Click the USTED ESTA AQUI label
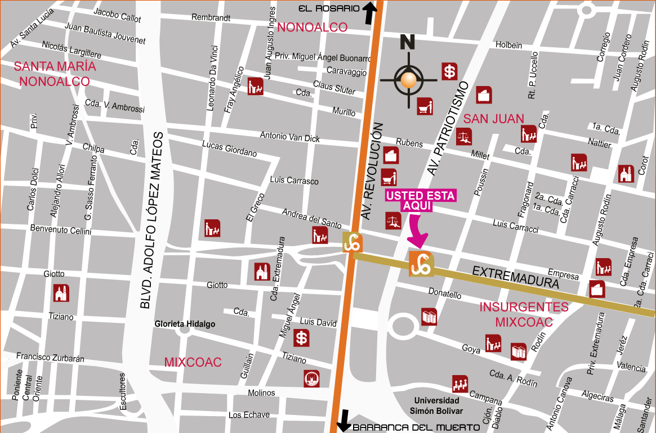pos(421,201)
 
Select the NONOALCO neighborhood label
pos(312,27)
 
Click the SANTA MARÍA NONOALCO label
pos(55,74)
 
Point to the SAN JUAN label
pos(493,119)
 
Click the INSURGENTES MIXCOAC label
pos(524,314)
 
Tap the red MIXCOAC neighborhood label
pos(193,362)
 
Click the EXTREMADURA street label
pos(515,277)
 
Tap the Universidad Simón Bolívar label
pos(436,405)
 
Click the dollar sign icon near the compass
pos(449,71)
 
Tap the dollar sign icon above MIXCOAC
pos(302,338)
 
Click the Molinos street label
pos(261,393)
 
